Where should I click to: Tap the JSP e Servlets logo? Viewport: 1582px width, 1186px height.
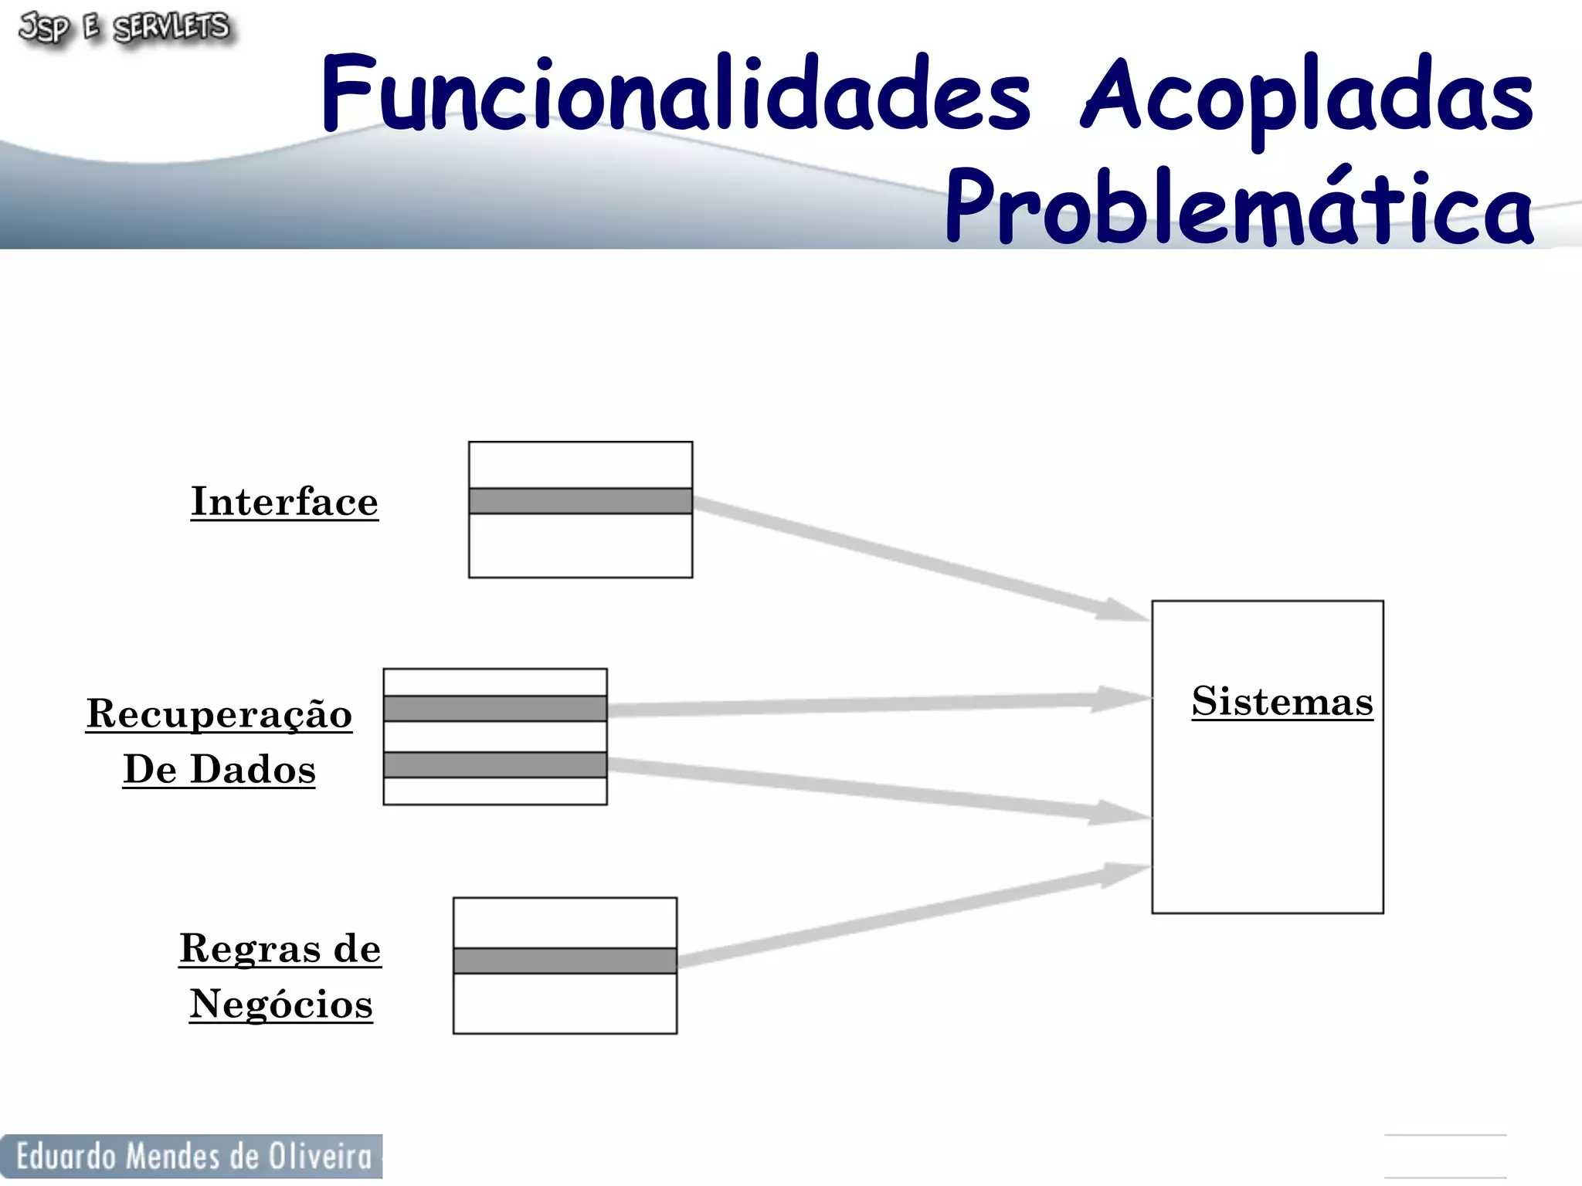pos(124,29)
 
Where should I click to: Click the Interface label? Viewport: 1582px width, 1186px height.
pos(284,502)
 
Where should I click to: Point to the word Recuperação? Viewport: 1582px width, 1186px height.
pos(219,713)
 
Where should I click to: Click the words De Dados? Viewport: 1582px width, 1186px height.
pos(219,769)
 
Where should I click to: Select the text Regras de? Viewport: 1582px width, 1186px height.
pos(280,948)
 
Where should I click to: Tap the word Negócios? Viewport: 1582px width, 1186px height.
pos(281,1004)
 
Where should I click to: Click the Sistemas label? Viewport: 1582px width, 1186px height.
pos(1282,701)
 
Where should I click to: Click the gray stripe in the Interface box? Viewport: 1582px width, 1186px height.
pos(580,500)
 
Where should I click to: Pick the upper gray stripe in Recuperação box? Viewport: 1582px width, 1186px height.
pos(495,708)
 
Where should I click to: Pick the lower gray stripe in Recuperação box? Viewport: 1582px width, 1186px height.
pos(495,764)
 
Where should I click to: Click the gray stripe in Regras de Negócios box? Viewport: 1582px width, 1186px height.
pos(565,961)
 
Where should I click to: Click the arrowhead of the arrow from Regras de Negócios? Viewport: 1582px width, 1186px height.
pos(1124,874)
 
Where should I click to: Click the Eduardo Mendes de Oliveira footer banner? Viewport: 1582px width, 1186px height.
pos(192,1156)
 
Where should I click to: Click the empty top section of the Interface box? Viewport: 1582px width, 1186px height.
pos(580,465)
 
